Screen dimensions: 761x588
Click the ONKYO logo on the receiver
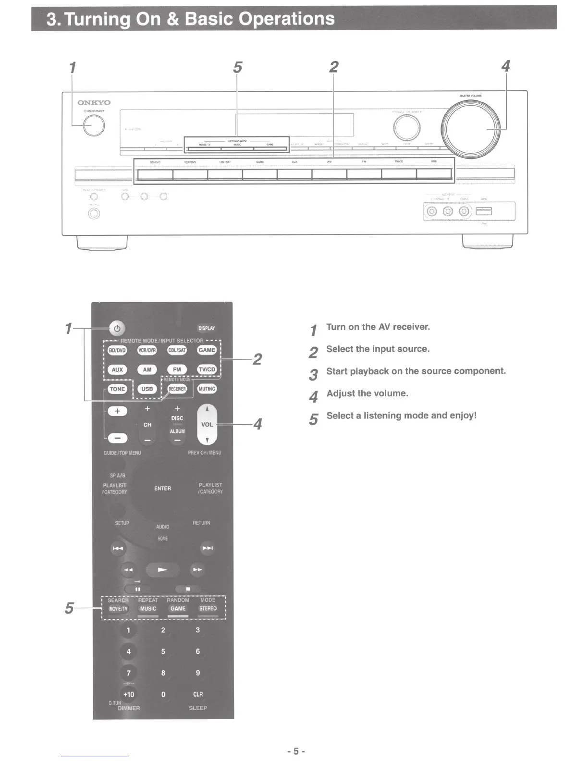tap(94, 102)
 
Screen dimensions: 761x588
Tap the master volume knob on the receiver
tap(473, 129)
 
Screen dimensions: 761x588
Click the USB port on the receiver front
tap(484, 211)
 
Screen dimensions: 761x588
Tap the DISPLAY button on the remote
tap(207, 328)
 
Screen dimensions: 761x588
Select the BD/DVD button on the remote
tap(117, 350)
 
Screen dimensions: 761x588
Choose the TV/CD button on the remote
tap(207, 369)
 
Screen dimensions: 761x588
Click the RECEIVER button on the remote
tap(177, 389)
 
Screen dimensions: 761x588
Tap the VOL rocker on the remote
tap(207, 424)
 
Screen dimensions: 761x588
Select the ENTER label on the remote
tap(162, 489)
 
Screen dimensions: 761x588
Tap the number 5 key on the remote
tap(163, 651)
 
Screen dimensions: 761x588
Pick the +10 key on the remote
tap(129, 694)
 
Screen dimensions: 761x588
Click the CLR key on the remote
tap(198, 694)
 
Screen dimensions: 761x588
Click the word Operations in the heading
tap(287, 19)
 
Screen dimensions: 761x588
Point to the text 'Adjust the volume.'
tap(367, 393)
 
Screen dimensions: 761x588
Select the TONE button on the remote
tap(117, 389)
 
